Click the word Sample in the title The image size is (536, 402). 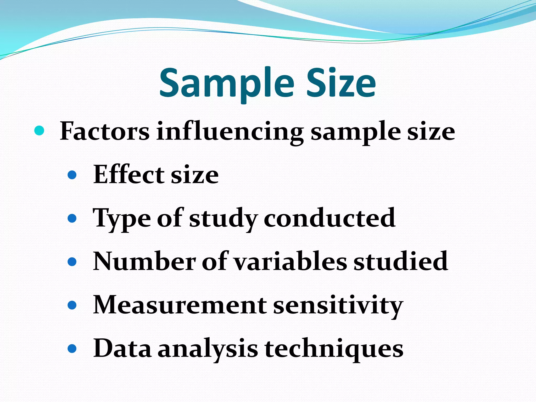227,83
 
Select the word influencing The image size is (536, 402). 230,131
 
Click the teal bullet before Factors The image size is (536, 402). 39,131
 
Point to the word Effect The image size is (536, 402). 129,174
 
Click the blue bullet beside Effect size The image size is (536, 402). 72,175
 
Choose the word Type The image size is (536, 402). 122,218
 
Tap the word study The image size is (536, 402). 223,218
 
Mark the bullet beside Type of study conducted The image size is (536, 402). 72,218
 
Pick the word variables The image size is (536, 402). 290,261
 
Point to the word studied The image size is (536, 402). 401,261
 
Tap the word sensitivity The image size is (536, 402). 338,305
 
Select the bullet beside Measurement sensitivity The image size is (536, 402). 72,305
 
